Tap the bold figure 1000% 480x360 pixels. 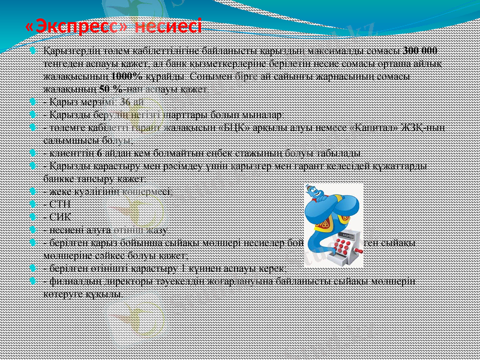coord(127,77)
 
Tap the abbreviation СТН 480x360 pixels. coord(61,203)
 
